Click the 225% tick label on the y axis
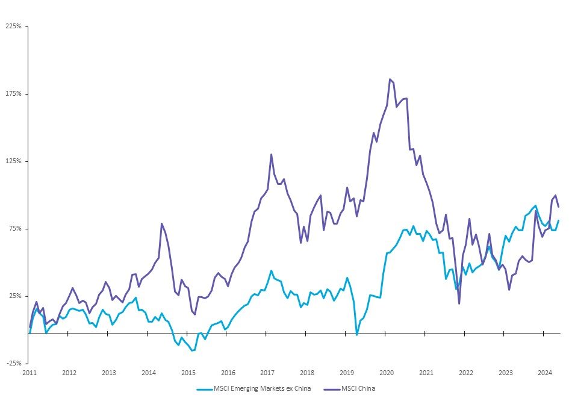click(x=13, y=26)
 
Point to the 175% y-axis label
click(x=13, y=94)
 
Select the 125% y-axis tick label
click(x=13, y=161)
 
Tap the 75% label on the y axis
click(x=14, y=229)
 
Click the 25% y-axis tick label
click(x=14, y=296)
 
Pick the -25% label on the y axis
click(x=13, y=364)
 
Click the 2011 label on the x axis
click(x=30, y=373)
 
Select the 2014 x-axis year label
click(x=149, y=373)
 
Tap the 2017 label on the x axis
click(x=267, y=373)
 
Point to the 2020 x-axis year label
click(x=387, y=373)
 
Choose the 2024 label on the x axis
click(x=545, y=373)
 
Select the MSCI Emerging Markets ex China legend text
click(x=263, y=389)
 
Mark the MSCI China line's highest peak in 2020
click(x=390, y=79)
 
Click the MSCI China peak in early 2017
click(x=271, y=154)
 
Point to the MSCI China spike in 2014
click(x=161, y=223)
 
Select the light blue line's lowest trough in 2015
click(x=193, y=350)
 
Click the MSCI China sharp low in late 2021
click(x=459, y=303)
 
